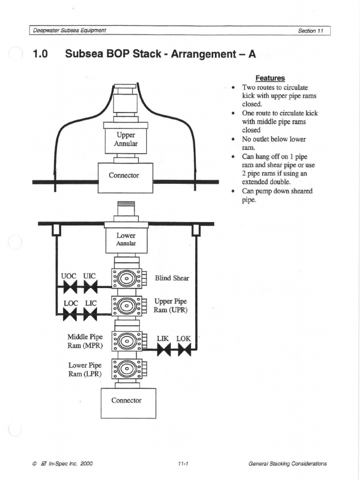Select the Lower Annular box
click(x=126, y=240)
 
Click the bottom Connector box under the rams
click(x=128, y=403)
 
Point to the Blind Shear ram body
click(x=126, y=278)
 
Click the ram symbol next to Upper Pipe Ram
click(x=126, y=306)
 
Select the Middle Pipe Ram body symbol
click(x=126, y=341)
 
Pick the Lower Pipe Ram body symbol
click(x=126, y=369)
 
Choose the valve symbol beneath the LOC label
click(x=70, y=314)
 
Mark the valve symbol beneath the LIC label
click(x=90, y=314)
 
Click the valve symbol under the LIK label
click(x=164, y=349)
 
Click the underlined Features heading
click(x=270, y=78)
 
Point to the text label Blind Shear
click(x=172, y=278)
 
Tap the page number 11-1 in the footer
click(x=183, y=464)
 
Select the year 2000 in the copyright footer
click(x=86, y=464)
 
